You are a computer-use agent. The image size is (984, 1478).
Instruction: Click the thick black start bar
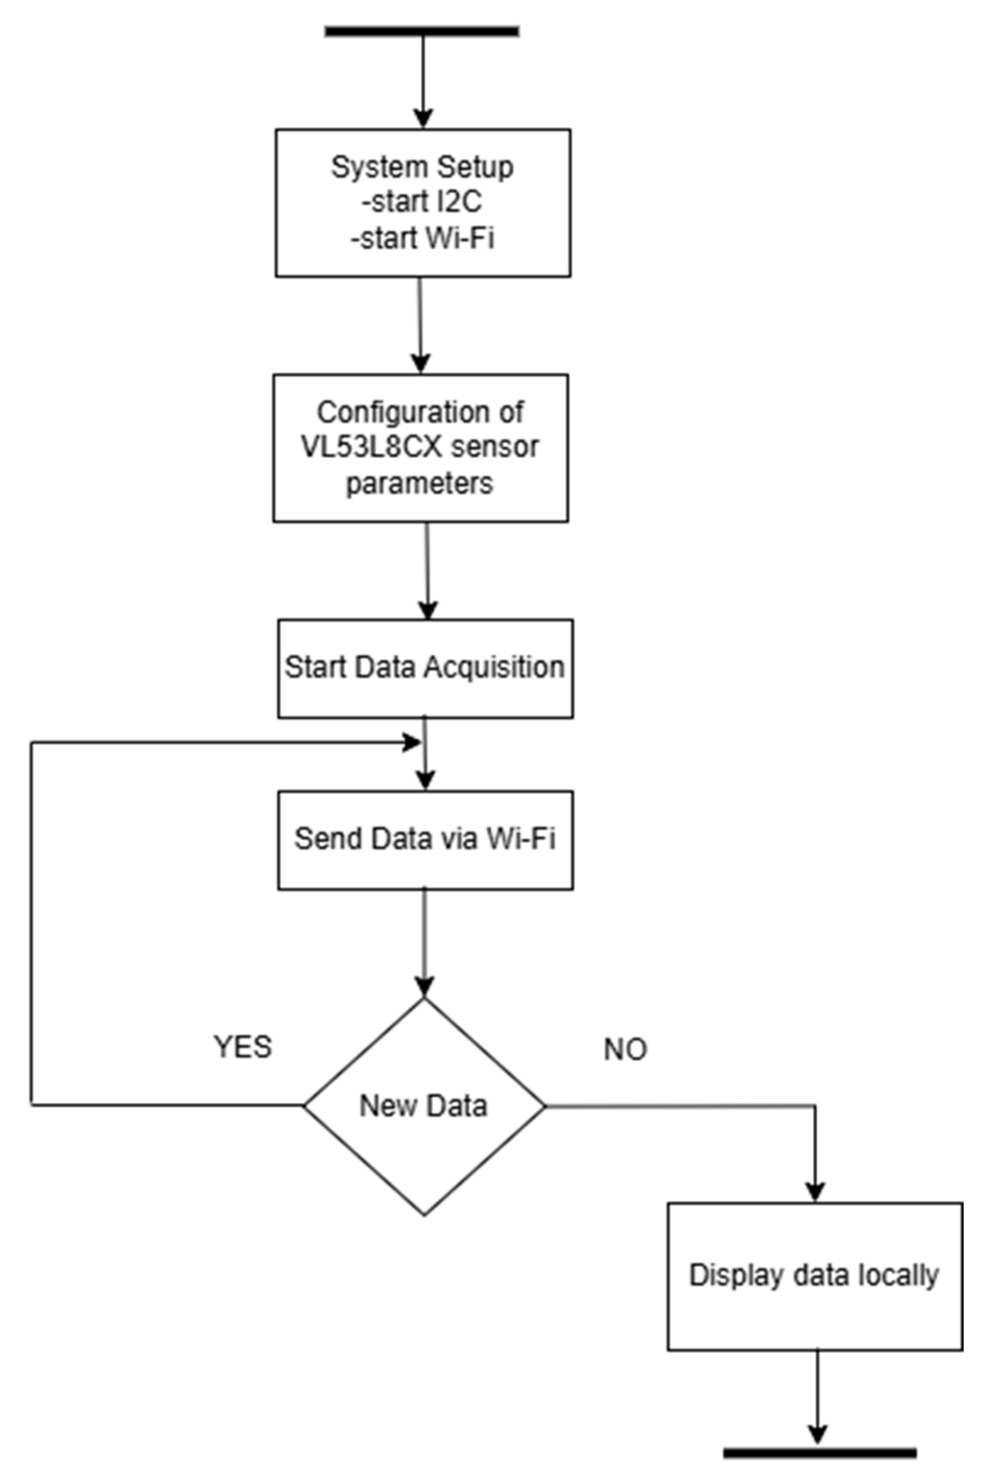click(422, 31)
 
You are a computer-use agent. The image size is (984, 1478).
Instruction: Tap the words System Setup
click(422, 167)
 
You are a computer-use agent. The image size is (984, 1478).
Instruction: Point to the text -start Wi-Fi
click(422, 239)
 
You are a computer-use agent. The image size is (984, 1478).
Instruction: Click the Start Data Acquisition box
click(426, 668)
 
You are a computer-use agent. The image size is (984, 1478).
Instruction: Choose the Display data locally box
click(815, 1276)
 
